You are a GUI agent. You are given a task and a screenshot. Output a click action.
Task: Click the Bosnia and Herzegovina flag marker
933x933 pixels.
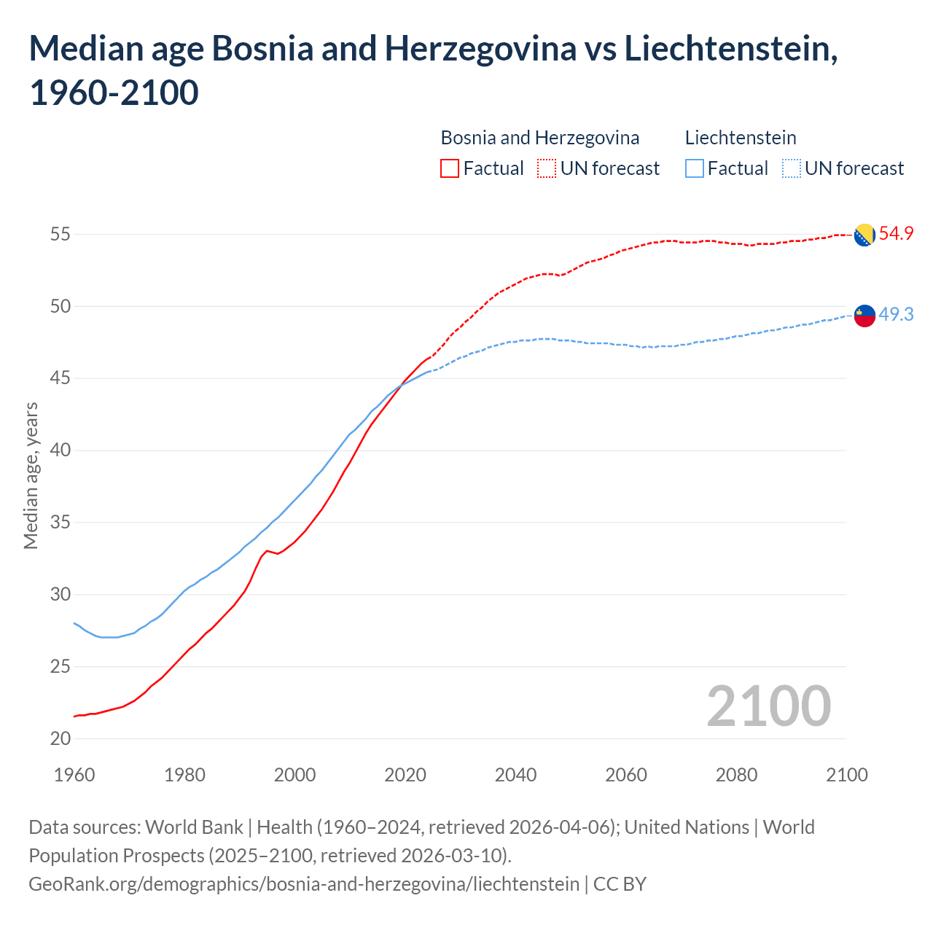pyautogui.click(x=864, y=235)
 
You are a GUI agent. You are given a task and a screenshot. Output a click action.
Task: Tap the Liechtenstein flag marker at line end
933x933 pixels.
pyautogui.click(x=864, y=315)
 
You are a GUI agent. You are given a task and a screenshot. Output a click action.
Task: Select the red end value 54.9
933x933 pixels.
pyautogui.click(x=896, y=234)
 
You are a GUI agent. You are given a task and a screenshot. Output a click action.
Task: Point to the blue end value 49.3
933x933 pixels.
pyautogui.click(x=896, y=314)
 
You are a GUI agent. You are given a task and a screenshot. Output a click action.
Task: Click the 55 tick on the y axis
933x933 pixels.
pyautogui.click(x=60, y=234)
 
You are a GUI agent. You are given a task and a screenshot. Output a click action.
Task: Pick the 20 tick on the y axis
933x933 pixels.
pyautogui.click(x=60, y=738)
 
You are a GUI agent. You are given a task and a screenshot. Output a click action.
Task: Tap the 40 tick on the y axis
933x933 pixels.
pyautogui.click(x=60, y=450)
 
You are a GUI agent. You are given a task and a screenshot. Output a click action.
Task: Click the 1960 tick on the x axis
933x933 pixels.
pyautogui.click(x=74, y=774)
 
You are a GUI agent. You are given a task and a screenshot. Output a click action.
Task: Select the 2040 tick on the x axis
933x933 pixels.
pyautogui.click(x=515, y=774)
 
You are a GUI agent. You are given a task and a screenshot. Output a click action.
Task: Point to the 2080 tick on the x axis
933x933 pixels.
pyautogui.click(x=736, y=774)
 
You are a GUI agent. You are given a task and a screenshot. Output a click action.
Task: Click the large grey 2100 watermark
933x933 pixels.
pyautogui.click(x=768, y=706)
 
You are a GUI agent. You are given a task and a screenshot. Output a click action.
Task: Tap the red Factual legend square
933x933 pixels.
pyautogui.click(x=450, y=168)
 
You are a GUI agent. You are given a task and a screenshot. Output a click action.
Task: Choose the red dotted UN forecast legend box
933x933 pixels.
pyautogui.click(x=547, y=168)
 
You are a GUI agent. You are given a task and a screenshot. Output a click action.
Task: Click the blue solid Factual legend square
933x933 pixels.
pyautogui.click(x=695, y=168)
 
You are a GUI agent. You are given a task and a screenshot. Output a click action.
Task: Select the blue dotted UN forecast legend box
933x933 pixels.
pyautogui.click(x=792, y=168)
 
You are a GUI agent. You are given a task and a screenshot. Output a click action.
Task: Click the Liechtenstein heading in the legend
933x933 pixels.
pyautogui.click(x=741, y=138)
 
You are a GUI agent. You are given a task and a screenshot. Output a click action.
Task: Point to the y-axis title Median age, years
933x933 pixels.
pyautogui.click(x=31, y=475)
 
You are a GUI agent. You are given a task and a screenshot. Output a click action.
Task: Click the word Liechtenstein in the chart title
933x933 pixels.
pyautogui.click(x=730, y=49)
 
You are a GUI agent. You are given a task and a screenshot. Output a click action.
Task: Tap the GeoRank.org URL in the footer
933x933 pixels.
pyautogui.click(x=303, y=884)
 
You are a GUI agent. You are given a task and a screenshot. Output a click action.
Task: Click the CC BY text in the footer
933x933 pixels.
pyautogui.click(x=620, y=884)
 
